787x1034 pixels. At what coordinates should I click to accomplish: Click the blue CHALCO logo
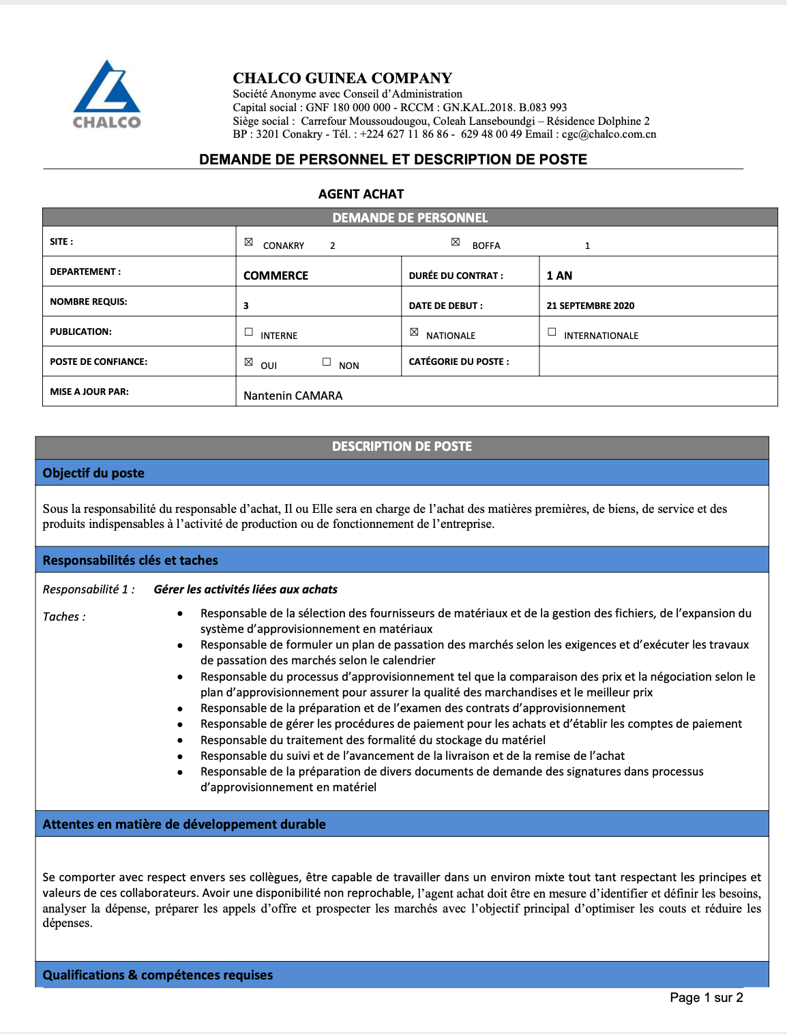coord(107,94)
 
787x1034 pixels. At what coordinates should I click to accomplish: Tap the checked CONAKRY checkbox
coord(249,242)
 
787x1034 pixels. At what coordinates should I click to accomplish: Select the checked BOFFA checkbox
coord(456,242)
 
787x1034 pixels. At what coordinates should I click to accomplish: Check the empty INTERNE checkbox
coord(249,332)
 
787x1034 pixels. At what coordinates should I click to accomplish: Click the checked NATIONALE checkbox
coord(414,332)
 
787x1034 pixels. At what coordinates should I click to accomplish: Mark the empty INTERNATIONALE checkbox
coord(552,332)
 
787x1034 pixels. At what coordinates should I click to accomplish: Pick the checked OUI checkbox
coord(249,362)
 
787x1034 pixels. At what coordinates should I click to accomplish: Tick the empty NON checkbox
coord(327,362)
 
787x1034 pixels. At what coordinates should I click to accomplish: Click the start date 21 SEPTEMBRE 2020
coord(590,306)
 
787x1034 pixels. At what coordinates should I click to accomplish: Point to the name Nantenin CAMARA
coord(293,396)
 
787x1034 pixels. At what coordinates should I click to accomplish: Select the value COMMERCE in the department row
coord(276,276)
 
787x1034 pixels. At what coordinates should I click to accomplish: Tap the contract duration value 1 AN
coord(559,276)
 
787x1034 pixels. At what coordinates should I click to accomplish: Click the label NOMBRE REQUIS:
coord(89,301)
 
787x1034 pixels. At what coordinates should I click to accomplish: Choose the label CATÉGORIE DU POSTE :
coord(459,361)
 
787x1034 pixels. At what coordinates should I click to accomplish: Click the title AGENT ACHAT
coord(361,194)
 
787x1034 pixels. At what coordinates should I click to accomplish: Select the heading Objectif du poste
coord(93,473)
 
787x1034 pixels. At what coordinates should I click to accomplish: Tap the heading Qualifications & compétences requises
coord(158,975)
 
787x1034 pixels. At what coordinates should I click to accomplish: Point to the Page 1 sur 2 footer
coord(706,998)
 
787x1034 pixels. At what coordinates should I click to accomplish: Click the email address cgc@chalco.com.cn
coord(609,134)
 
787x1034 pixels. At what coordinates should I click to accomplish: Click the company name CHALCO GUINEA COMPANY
coord(342,78)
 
